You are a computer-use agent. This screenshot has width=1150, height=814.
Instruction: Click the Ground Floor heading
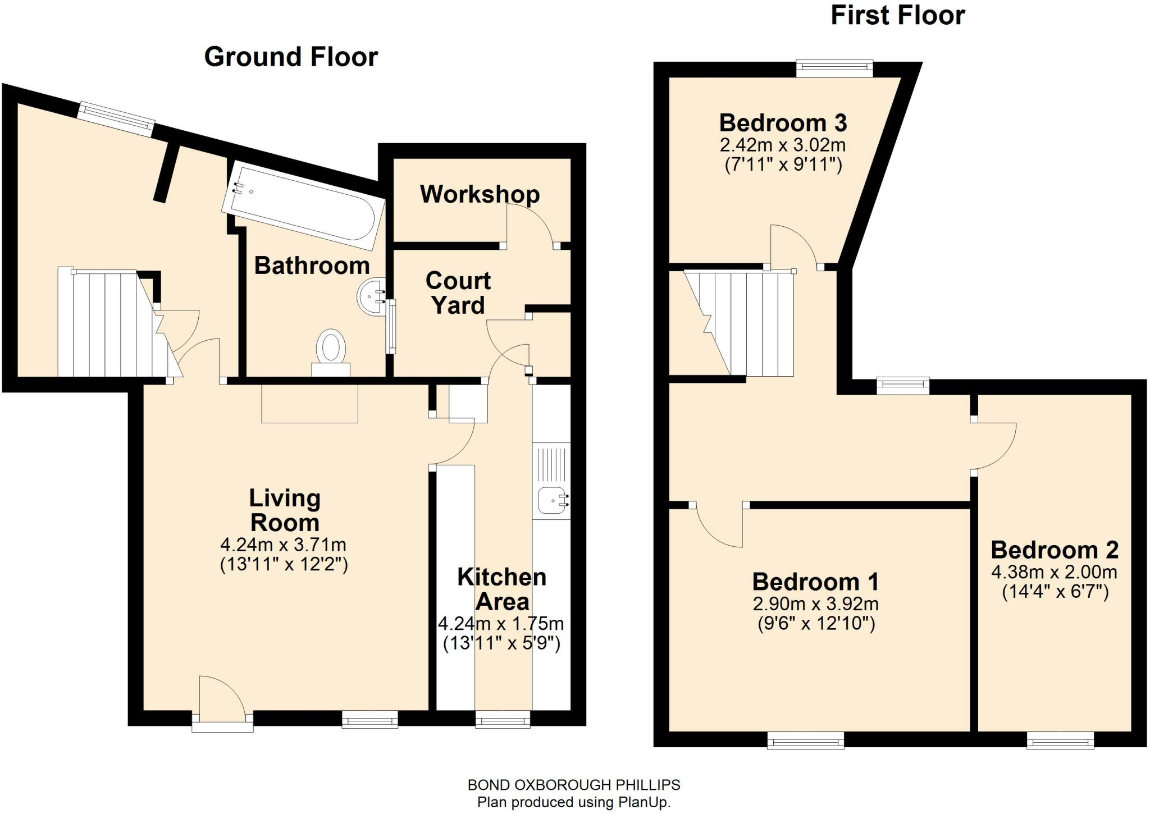(x=291, y=57)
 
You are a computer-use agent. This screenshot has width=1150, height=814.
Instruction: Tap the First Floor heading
(x=897, y=15)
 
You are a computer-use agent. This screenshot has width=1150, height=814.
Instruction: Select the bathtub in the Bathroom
(x=303, y=206)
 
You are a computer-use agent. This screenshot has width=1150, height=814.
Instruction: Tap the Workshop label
(x=480, y=194)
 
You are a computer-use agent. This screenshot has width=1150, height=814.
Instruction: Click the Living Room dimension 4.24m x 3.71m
(x=284, y=545)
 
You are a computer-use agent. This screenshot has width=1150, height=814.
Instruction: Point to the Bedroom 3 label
(x=783, y=123)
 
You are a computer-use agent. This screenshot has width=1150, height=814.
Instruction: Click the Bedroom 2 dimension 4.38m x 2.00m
(x=1054, y=572)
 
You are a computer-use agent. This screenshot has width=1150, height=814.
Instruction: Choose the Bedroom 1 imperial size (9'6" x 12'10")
(x=816, y=624)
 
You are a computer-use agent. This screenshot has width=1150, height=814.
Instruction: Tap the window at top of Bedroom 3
(x=834, y=68)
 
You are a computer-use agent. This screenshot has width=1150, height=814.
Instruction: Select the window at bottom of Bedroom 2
(x=1060, y=740)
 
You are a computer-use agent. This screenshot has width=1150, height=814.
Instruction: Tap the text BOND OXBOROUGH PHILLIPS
(x=574, y=785)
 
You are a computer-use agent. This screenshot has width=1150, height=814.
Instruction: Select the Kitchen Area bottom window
(x=503, y=719)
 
